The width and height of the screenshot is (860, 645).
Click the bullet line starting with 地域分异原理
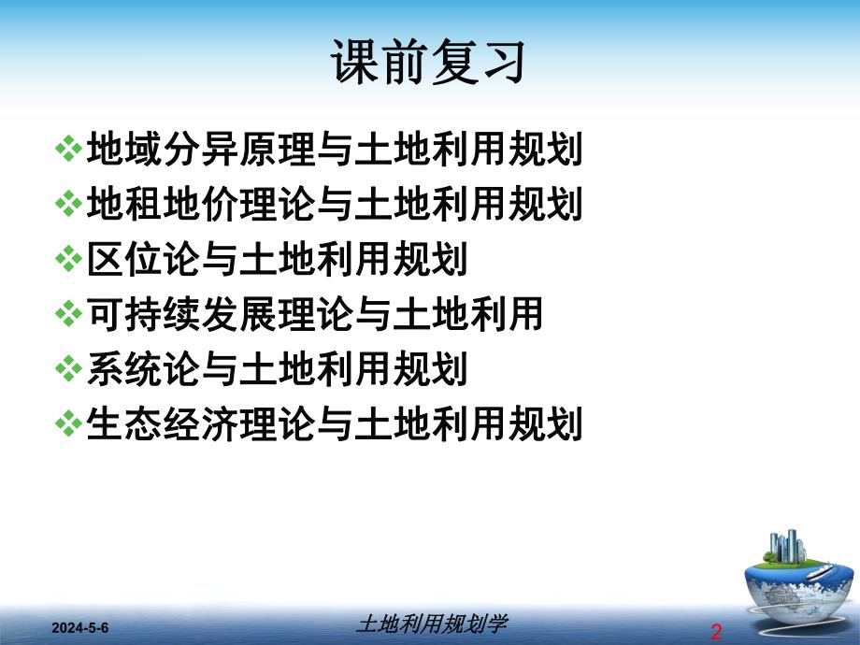(334, 150)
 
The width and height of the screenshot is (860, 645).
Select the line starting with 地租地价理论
(334, 205)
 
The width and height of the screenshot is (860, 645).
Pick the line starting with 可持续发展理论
(314, 315)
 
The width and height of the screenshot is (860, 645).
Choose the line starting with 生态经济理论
(334, 424)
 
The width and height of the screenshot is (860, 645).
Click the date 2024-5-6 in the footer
(80, 626)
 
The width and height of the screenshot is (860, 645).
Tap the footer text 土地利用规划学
(432, 623)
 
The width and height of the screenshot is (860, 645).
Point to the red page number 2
(716, 632)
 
